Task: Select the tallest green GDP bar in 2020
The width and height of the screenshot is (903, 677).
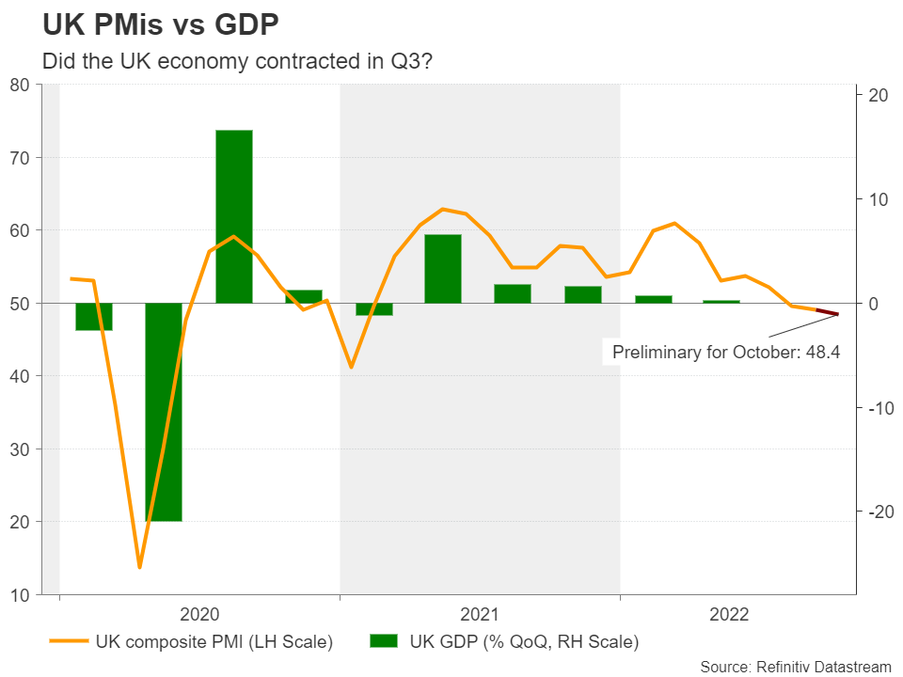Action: point(234,216)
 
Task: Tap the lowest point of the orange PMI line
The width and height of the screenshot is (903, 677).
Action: point(139,567)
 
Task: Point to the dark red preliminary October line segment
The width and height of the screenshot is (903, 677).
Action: point(828,312)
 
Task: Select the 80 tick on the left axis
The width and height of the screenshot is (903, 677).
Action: point(21,85)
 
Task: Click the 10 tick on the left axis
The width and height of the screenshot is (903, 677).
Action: point(21,594)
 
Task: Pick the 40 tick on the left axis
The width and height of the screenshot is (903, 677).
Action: point(21,376)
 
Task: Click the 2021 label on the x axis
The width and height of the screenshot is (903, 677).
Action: point(480,615)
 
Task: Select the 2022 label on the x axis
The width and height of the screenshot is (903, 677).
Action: point(731,615)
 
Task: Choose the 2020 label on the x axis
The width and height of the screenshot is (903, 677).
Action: point(198,615)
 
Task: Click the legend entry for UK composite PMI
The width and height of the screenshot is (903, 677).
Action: point(214,643)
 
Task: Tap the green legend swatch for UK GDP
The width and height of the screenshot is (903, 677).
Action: point(384,643)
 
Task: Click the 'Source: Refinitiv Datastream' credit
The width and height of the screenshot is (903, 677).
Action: point(795,666)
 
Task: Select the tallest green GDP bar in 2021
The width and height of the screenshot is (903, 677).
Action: point(443,268)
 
